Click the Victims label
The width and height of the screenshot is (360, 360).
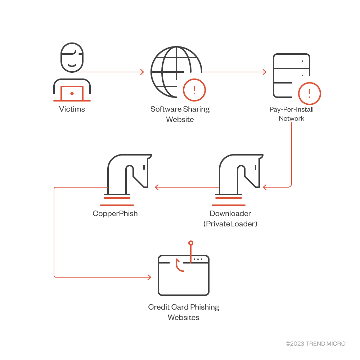click(72, 109)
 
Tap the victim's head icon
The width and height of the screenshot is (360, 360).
click(72, 58)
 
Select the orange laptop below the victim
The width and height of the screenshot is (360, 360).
click(72, 93)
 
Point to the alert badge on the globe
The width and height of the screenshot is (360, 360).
click(194, 90)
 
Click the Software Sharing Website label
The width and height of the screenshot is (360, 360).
click(180, 114)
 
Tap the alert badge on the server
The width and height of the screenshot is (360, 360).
click(310, 93)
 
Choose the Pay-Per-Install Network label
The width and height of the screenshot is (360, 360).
click(292, 114)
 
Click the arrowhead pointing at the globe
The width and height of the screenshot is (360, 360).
click(142, 72)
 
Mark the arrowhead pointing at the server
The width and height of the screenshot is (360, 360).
click(265, 72)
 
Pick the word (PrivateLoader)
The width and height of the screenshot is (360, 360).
click(230, 224)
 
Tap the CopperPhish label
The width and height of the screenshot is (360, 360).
click(115, 213)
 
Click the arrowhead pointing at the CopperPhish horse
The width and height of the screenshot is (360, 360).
click(157, 187)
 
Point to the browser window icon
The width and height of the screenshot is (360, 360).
click(184, 275)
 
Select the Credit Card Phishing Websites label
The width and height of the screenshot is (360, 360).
click(184, 312)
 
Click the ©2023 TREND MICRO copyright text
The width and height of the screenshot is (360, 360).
click(315, 344)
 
